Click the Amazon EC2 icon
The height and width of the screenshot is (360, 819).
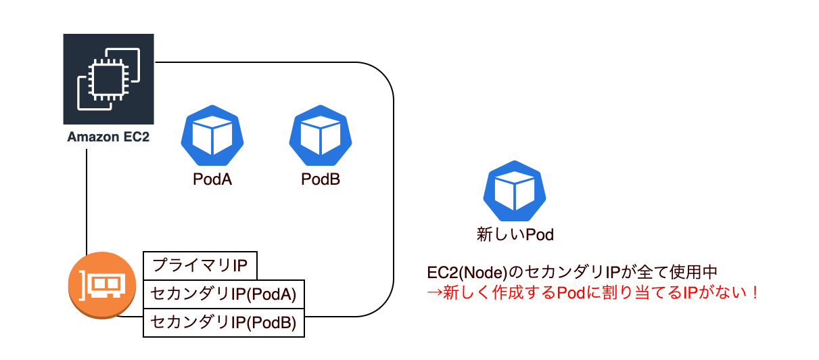[108, 78]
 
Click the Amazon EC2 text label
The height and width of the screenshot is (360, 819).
[108, 137]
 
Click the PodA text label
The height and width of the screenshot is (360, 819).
[212, 181]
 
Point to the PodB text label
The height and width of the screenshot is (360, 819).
[321, 181]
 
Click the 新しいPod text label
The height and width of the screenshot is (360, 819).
[515, 235]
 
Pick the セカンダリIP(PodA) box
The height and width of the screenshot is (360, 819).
[224, 294]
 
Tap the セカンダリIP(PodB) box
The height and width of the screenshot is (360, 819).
[224, 323]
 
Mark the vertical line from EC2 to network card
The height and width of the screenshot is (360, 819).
[87, 203]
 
